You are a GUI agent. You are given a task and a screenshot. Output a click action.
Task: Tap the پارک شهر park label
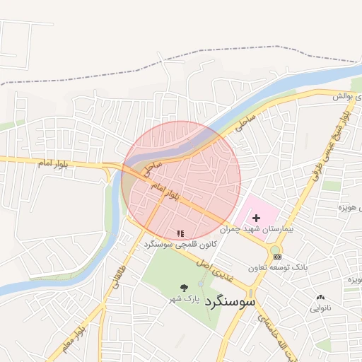coord(203,300)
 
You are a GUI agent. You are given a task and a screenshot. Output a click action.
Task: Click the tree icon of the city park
coord(185,288)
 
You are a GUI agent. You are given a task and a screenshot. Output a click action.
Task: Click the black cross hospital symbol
coord(256,218)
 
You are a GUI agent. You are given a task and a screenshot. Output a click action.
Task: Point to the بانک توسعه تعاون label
coord(278,268)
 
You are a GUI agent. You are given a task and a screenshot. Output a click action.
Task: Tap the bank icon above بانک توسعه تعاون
coord(277,256)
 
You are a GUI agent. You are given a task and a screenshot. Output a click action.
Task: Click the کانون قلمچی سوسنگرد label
coord(179,244)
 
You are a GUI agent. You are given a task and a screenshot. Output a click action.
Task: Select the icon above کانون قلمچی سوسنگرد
coord(180,233)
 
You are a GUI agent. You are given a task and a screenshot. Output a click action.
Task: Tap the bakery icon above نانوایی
coord(321,297)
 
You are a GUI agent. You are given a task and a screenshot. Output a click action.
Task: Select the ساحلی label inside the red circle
coord(154,168)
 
